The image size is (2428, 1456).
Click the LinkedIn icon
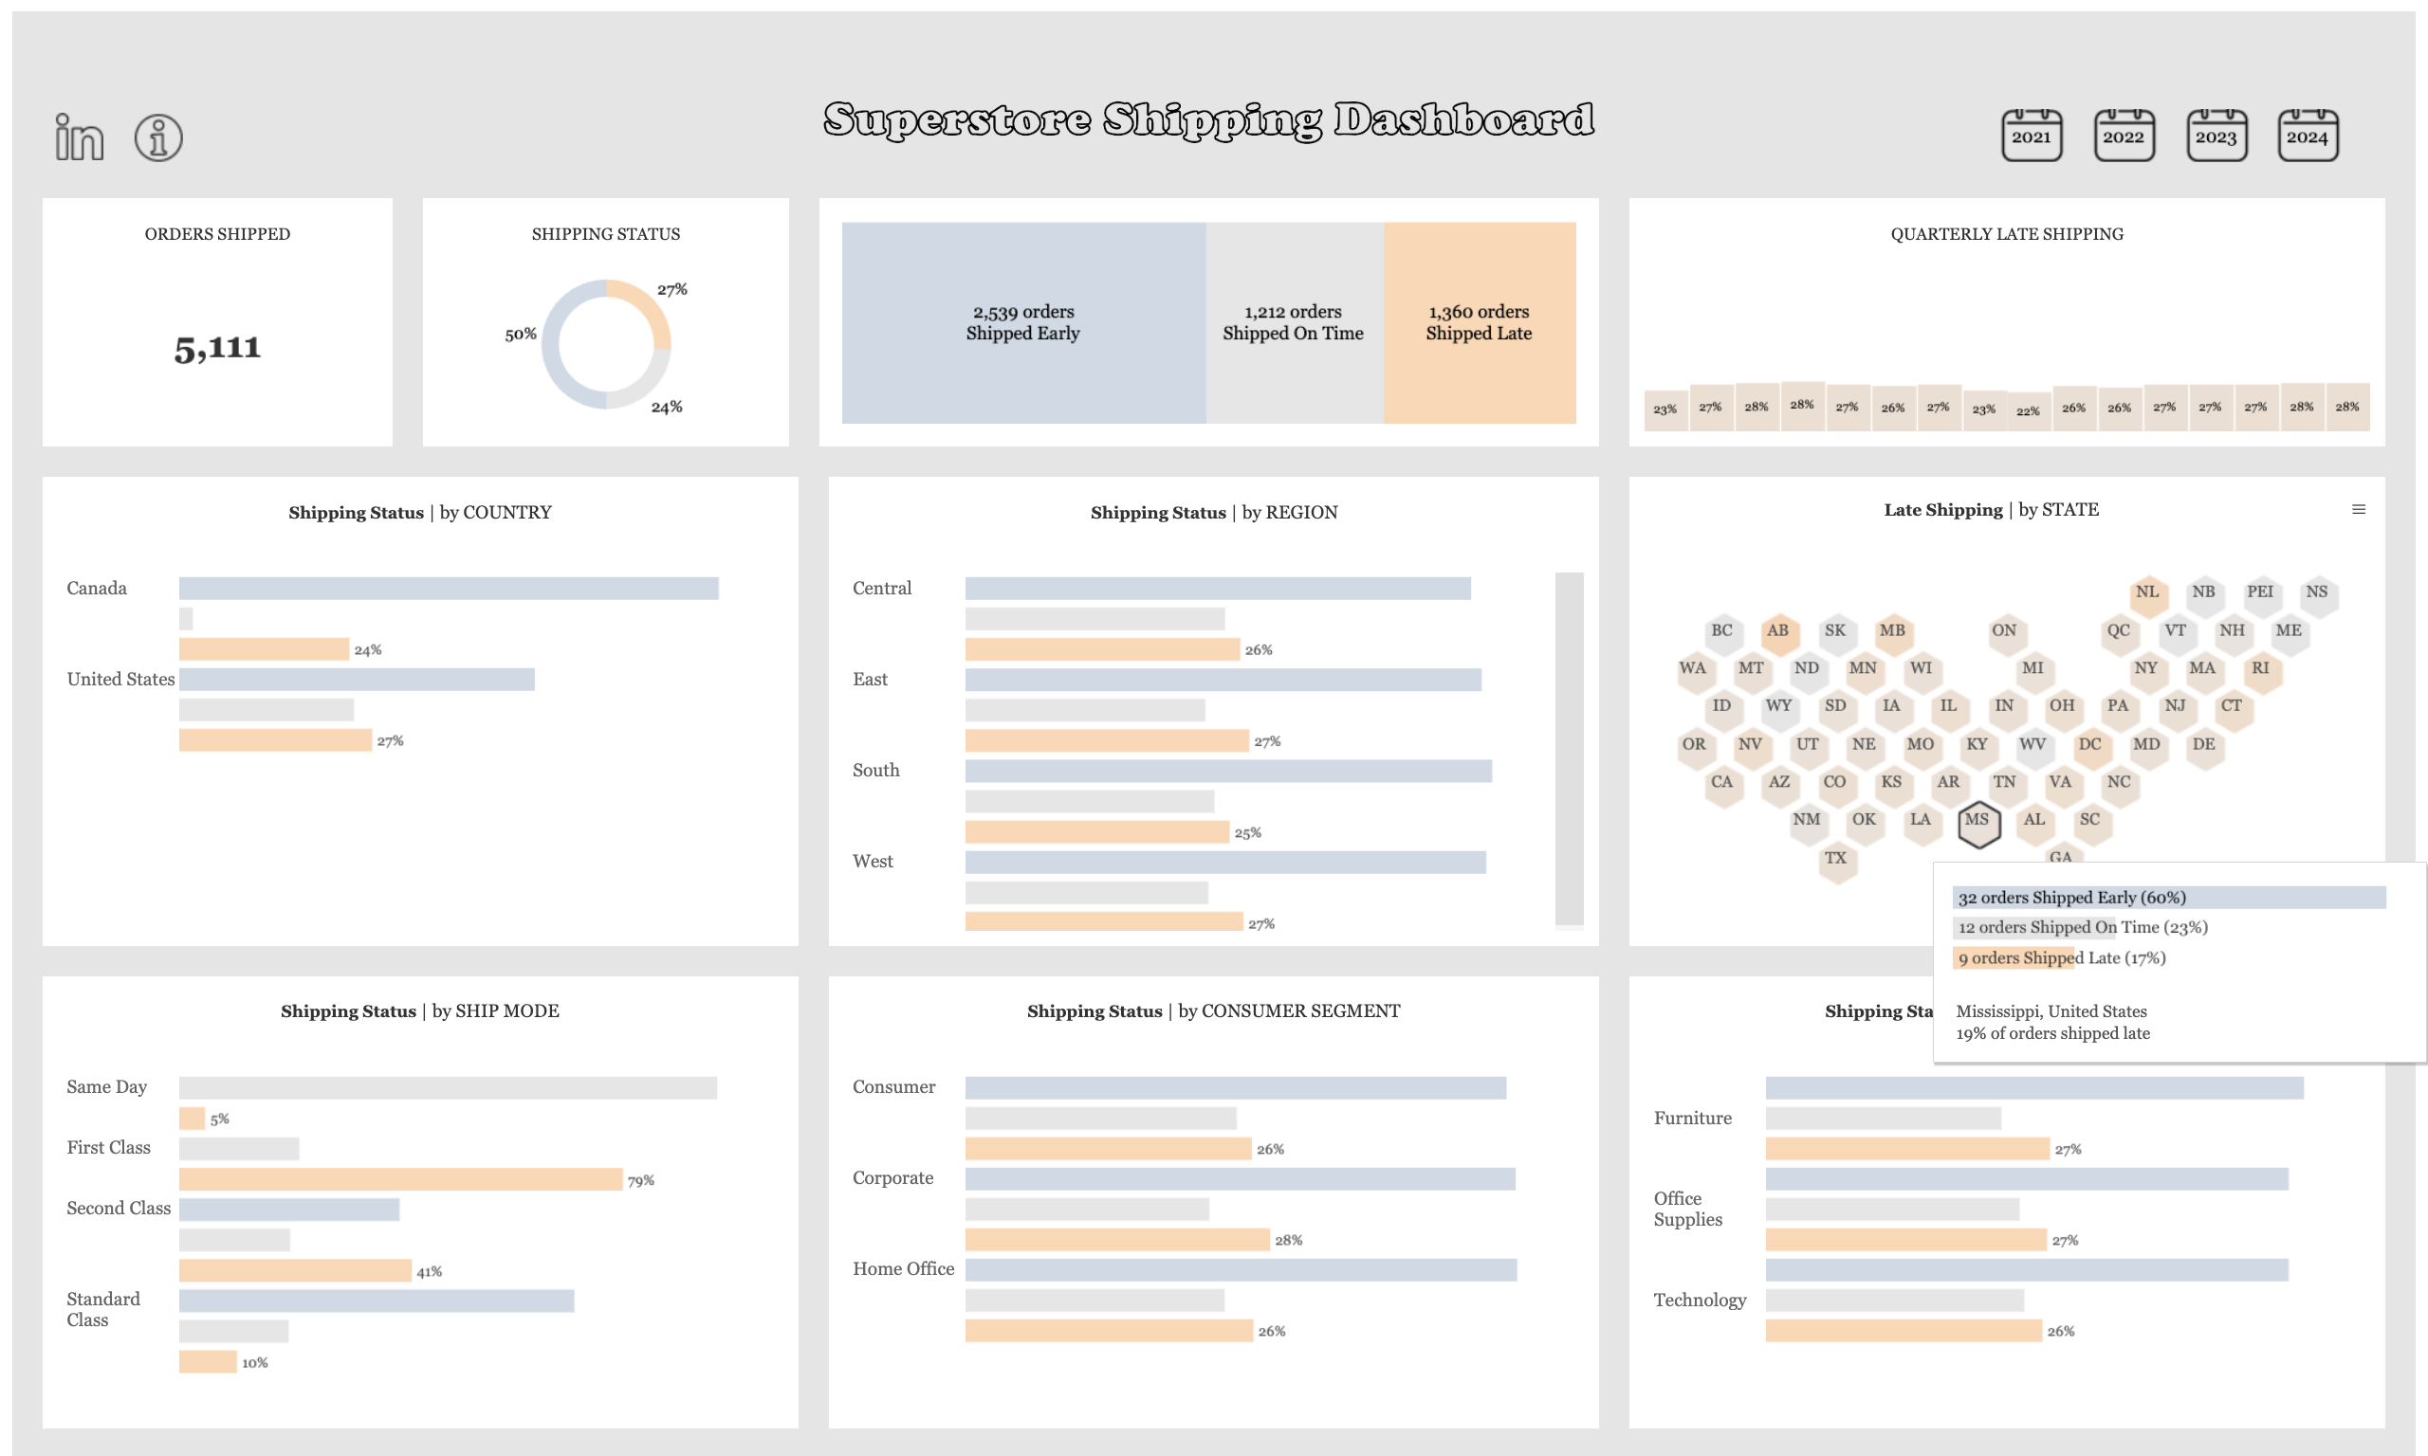pos(79,137)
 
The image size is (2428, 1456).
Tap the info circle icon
pos(158,137)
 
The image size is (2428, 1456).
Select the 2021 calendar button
pos(2031,136)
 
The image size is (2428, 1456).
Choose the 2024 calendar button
pos(2308,136)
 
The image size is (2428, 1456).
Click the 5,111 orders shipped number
pos(218,348)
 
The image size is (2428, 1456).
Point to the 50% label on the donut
pos(520,335)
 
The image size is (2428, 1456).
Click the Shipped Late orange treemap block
pos(1478,323)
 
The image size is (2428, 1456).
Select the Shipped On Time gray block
pos(1293,323)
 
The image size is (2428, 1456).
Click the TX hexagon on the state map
pos(1835,860)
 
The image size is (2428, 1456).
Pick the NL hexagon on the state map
pos(2147,592)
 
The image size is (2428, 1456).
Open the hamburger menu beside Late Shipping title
pos(2359,509)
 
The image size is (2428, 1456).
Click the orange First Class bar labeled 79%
pos(400,1178)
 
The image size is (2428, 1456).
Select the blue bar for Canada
pos(449,588)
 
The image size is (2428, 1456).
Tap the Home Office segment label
pos(903,1268)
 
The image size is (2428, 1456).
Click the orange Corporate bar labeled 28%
pos(1117,1239)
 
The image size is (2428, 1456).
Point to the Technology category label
pos(1699,1300)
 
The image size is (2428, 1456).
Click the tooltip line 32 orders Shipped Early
pos(2070,898)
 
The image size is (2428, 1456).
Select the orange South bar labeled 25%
pos(1096,832)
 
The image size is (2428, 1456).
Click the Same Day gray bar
pos(448,1087)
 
